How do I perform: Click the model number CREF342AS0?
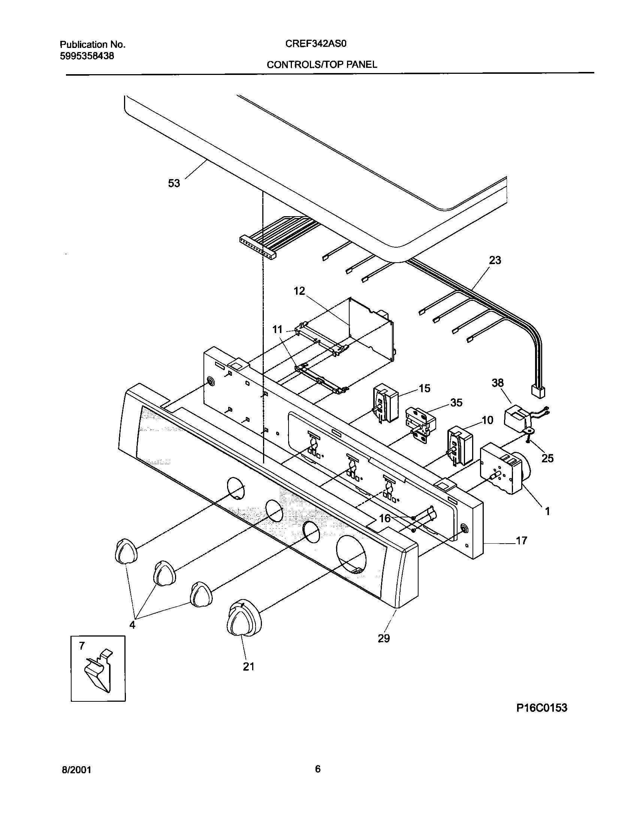point(316,44)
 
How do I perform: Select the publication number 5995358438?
point(87,56)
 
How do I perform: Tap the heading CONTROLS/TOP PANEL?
point(321,64)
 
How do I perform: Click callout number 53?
point(174,184)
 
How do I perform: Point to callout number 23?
point(495,260)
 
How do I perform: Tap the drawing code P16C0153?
point(542,708)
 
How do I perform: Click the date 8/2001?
point(76,770)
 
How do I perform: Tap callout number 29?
point(384,638)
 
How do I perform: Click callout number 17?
point(521,541)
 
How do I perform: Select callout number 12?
point(299,291)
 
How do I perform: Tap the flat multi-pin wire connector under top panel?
point(258,248)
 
